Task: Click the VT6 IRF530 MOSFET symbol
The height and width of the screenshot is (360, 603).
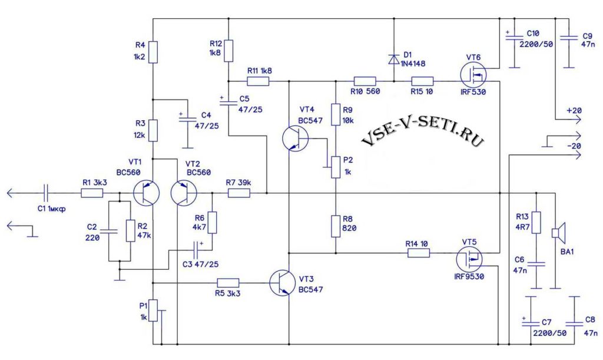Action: (x=473, y=75)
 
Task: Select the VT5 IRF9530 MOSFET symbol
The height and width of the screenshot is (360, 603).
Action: (x=469, y=259)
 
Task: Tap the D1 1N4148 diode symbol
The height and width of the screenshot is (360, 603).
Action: (x=394, y=60)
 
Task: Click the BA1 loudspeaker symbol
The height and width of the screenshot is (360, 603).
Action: (x=558, y=233)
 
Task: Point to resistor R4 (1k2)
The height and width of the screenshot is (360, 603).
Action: (x=154, y=52)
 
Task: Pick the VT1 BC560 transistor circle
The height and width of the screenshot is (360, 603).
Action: (x=147, y=193)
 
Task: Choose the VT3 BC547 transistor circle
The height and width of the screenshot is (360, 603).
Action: (x=283, y=283)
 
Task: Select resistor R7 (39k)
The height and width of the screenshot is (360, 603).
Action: (x=239, y=193)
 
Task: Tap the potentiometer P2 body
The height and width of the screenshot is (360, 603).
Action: (x=336, y=167)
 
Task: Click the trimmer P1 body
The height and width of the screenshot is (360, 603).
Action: (x=154, y=311)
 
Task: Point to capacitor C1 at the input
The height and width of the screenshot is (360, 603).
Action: (x=46, y=193)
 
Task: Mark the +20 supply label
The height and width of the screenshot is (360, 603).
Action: (x=574, y=111)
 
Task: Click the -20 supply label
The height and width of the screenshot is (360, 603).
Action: (x=574, y=146)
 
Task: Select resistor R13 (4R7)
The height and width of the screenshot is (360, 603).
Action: (x=536, y=222)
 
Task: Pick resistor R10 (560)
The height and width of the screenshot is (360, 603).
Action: (x=365, y=81)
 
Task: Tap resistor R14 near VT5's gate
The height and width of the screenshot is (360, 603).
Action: (x=419, y=253)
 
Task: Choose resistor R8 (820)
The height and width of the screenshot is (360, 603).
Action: (x=336, y=226)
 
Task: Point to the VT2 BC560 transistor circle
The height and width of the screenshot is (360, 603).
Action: (x=184, y=193)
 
